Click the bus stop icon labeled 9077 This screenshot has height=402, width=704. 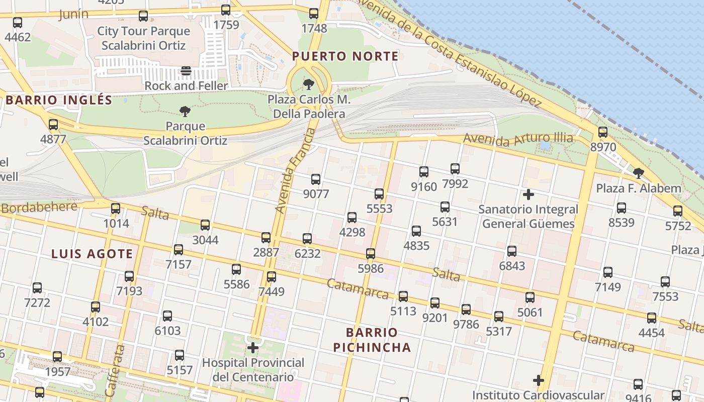[x=316, y=179]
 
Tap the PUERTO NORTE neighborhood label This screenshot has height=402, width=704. [x=345, y=56]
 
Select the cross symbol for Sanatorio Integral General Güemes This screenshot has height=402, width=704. [x=528, y=194]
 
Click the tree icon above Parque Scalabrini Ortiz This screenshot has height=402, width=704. [x=185, y=111]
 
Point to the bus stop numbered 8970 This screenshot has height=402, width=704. [x=602, y=133]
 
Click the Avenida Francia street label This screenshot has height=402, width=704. [x=295, y=171]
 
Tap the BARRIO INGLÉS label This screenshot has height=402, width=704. [x=59, y=100]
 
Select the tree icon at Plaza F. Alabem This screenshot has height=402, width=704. [x=639, y=174]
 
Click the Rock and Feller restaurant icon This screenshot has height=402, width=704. [x=186, y=71]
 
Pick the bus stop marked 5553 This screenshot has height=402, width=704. [x=379, y=194]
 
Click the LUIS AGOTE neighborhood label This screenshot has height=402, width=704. [x=92, y=254]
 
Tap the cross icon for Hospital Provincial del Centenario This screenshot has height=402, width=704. [x=253, y=347]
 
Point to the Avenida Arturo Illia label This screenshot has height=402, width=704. [x=518, y=139]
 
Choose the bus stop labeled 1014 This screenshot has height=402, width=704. [x=116, y=209]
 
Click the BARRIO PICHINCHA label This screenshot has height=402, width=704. [x=378, y=340]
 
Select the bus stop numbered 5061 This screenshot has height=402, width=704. [x=530, y=297]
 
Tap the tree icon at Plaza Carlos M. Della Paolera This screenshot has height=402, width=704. [x=309, y=84]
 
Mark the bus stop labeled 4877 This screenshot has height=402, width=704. [x=53, y=125]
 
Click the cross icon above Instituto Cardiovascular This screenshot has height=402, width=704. [x=539, y=380]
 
